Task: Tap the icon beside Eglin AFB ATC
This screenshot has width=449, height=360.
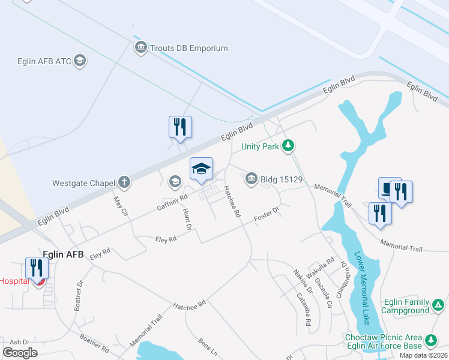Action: coord(80,61)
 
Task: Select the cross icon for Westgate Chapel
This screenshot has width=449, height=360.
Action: coord(124,181)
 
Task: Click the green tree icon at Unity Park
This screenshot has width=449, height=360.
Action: coord(289,145)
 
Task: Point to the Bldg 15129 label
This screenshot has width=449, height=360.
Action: coord(281,179)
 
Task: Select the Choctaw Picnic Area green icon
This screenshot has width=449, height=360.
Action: coord(430,341)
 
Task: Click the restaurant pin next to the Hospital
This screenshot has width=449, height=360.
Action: coord(37,268)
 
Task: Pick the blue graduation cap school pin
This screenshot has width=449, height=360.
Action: coord(201,169)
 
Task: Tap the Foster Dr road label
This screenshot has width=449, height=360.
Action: coord(267,214)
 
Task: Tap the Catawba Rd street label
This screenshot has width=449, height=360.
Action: coord(304,308)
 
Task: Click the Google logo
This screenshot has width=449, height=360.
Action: coord(20,352)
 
